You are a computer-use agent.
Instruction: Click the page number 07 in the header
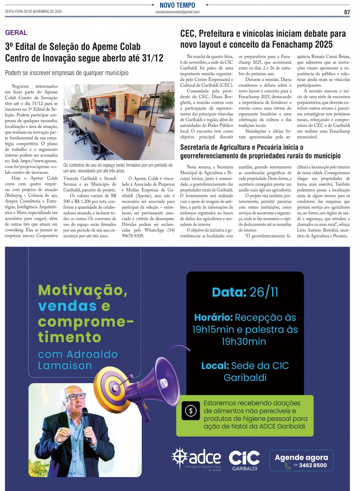pyautogui.click(x=347, y=12)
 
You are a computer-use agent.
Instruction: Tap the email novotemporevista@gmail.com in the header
pyautogui.click(x=177, y=12)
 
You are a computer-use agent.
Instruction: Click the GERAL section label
pyautogui.click(x=16, y=33)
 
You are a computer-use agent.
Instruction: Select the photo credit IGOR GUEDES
pyautogui.click(x=167, y=83)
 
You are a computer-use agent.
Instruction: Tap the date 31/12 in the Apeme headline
pyautogui.click(x=152, y=58)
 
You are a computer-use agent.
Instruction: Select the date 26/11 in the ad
pyautogui.click(x=264, y=292)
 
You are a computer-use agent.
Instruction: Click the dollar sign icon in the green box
pyautogui.click(x=191, y=411)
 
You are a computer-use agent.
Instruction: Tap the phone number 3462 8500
pyautogui.click(x=313, y=465)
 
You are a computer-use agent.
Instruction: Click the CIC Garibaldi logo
pyautogui.click(x=244, y=460)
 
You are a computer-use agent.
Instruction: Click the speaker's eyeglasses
pyautogui.click(x=77, y=396)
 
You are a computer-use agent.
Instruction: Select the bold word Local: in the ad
pyautogui.click(x=215, y=366)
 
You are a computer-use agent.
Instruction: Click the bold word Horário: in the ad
pyautogui.click(x=213, y=317)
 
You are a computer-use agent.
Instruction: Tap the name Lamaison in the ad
pyautogui.click(x=65, y=365)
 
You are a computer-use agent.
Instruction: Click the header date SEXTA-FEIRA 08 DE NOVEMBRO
pyautogui.click(x=33, y=12)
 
